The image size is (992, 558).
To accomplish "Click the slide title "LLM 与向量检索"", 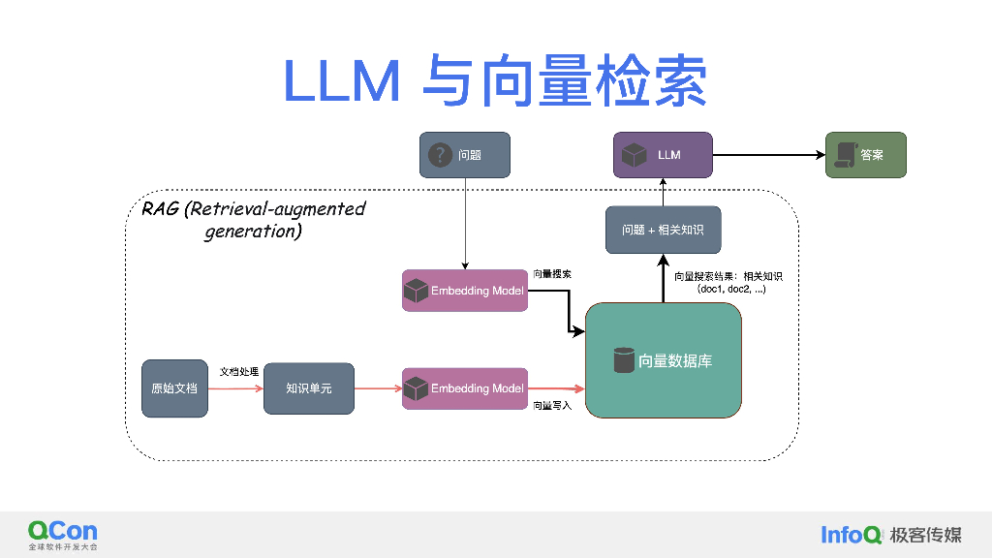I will pos(495,81).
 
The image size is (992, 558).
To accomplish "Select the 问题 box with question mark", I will pos(465,154).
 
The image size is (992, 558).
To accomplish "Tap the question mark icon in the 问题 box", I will pos(441,154).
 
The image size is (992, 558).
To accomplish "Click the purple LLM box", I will pos(663,155).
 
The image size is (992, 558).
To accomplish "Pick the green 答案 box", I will pos(866,155).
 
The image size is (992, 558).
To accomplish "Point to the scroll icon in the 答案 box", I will pos(844,155).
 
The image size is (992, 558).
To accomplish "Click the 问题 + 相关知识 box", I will pos(663,230).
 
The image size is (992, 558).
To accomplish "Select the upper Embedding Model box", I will pos(465,291).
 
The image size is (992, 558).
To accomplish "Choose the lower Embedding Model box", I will pos(465,388).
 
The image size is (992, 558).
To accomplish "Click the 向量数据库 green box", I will pos(663,360).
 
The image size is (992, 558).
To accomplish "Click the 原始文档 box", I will pos(174,388).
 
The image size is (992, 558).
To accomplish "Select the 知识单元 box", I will pos(308,388).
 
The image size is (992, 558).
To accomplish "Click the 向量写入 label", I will pos(552,405).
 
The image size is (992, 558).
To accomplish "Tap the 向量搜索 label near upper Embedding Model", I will pos(552,274).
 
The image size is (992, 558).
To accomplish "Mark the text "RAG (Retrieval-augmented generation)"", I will pos(254,220).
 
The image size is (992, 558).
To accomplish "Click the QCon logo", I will pos(63,531).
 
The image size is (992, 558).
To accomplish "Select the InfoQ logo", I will pos(851,534).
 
